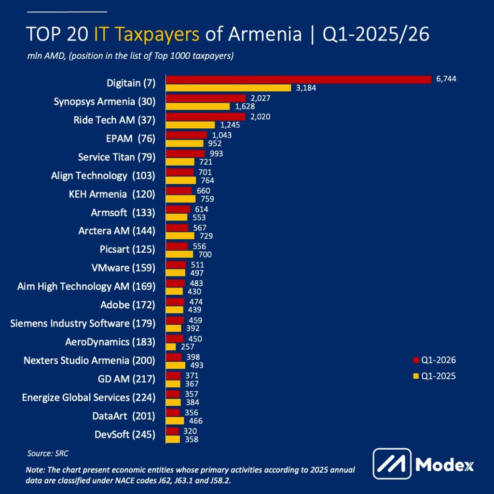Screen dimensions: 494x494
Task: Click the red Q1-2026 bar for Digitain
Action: tap(298, 80)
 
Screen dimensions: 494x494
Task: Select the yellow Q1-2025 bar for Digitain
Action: tap(228, 88)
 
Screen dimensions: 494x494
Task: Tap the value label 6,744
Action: tap(446, 80)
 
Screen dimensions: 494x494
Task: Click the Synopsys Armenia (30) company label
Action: tap(104, 102)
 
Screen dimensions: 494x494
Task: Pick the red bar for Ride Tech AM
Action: tap(206, 116)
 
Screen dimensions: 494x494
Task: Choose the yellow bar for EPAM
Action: tap(184, 143)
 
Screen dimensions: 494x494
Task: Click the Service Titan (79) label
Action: tap(116, 157)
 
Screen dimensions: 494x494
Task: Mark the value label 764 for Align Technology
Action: tap(206, 180)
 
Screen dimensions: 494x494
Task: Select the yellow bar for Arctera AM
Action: tap(180, 236)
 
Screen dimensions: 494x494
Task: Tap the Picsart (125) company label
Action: tap(123, 249)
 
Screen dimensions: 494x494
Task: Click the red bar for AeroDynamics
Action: tap(175, 339)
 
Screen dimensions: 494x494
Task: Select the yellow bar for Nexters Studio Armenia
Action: tap(176, 365)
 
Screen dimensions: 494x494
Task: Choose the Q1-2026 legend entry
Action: tap(434, 360)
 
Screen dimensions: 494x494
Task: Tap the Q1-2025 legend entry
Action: tap(434, 376)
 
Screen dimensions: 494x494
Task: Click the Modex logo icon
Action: tap(392, 464)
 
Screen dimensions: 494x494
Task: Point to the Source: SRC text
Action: tap(48, 453)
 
